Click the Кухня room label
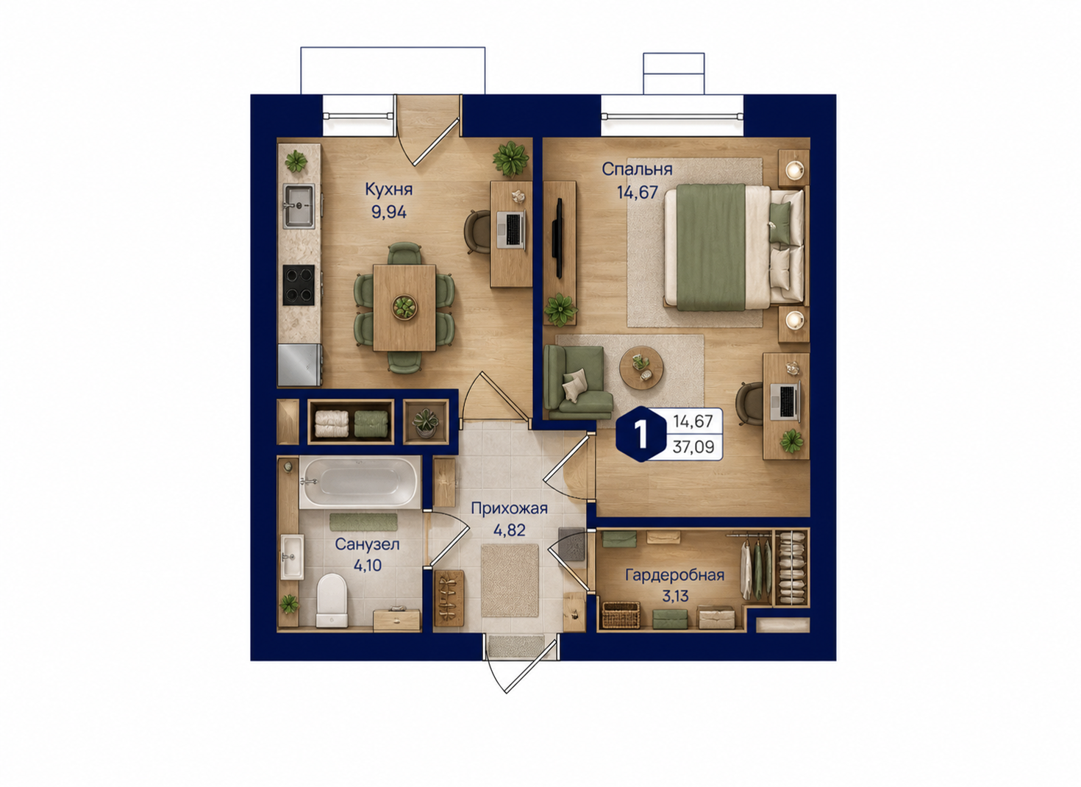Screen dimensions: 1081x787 point(388,189)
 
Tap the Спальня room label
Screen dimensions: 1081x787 point(637,169)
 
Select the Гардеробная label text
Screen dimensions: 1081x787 point(674,575)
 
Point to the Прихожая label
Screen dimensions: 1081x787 point(509,508)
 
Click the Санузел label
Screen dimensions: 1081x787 point(367,544)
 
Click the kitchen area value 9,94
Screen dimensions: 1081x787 point(388,212)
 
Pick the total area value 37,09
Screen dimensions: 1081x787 point(693,446)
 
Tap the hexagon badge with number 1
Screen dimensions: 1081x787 point(641,434)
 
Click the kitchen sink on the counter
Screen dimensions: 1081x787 point(299,206)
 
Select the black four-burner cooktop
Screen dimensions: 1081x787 point(299,285)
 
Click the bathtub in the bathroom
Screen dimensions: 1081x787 point(360,482)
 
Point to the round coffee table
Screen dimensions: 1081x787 point(641,368)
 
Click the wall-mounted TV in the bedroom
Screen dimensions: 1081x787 point(559,238)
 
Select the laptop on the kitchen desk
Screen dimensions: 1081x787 point(511,229)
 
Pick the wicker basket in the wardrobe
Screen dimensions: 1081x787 point(621,615)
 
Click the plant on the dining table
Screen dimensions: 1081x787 point(404,307)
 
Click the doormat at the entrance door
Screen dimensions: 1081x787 point(516,646)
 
